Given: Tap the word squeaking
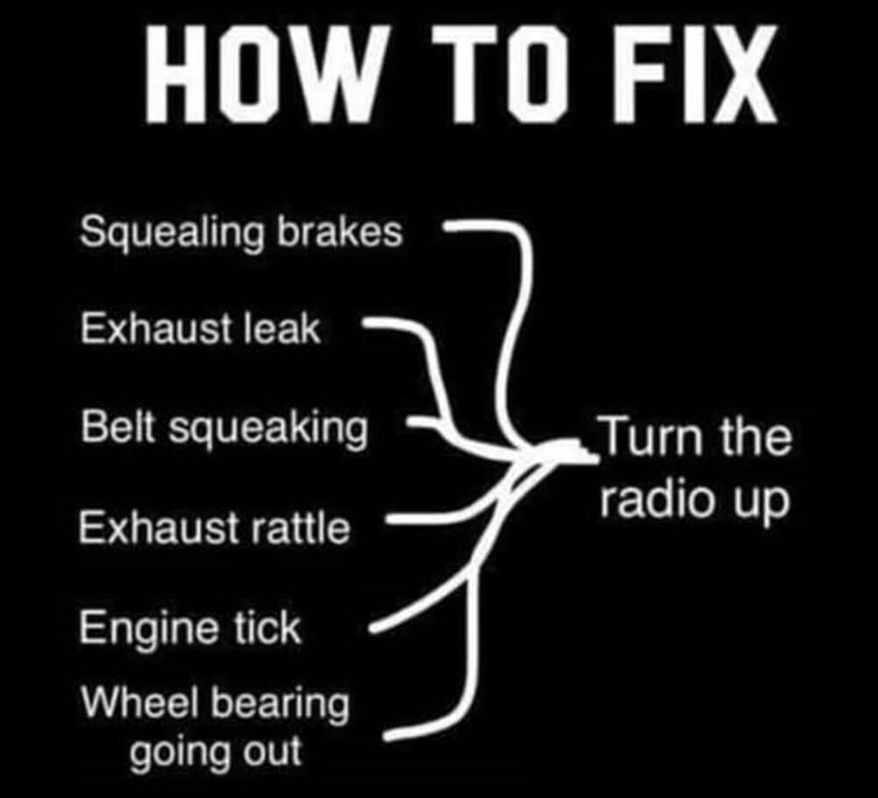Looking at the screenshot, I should pos(267,429).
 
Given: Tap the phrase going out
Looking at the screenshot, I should pos(215,752).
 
